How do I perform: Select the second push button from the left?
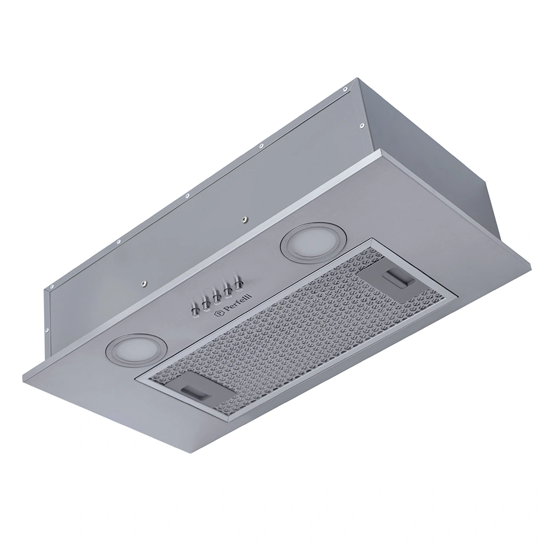(x=206, y=301)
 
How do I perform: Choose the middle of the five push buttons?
(x=217, y=296)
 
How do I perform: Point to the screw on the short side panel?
(x=362, y=126)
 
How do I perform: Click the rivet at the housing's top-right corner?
(x=344, y=88)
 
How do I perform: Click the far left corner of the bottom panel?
(x=23, y=374)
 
